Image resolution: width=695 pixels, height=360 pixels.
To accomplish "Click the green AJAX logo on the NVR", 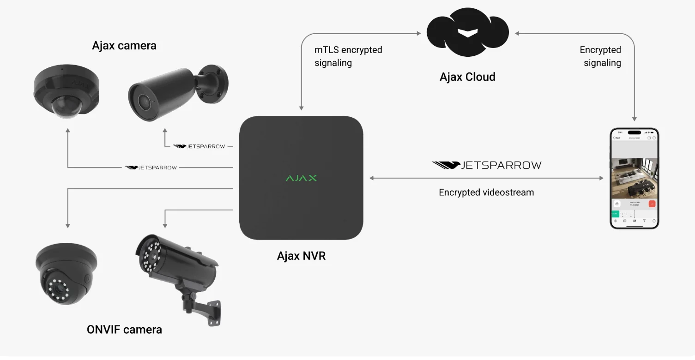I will [x=301, y=178].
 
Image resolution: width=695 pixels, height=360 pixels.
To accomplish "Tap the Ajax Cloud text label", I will [x=467, y=77].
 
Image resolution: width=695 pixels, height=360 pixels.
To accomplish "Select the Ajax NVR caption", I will [x=301, y=256].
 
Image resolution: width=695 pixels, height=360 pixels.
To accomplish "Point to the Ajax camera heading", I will [x=124, y=46].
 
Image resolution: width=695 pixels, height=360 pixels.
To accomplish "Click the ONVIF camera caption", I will [x=124, y=330].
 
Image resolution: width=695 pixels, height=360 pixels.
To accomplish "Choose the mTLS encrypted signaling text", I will [x=348, y=56].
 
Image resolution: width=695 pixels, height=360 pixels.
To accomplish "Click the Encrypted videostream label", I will [x=486, y=192].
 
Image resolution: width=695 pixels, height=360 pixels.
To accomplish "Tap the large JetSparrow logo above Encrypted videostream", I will [x=486, y=165].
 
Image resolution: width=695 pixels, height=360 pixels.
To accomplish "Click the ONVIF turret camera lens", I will [x=58, y=288].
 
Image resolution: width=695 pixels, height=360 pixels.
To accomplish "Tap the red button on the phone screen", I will [x=652, y=204].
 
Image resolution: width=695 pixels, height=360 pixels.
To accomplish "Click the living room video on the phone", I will [x=635, y=178].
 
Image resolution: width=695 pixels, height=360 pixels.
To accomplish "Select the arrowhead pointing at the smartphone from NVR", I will [x=601, y=178].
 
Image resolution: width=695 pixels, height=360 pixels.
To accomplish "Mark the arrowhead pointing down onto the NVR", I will [x=301, y=108].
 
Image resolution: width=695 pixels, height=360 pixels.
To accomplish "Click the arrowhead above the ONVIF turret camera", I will [x=68, y=225].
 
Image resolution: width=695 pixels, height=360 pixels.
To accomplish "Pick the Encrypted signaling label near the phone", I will [x=600, y=56].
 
